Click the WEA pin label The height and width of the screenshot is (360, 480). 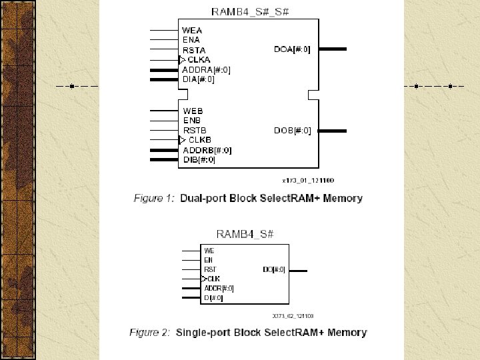point(192,31)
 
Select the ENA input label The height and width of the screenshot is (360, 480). point(191,40)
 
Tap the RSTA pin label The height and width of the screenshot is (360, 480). point(194,50)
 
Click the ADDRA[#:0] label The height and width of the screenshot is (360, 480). point(206,70)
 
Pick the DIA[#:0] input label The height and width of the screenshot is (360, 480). point(198,79)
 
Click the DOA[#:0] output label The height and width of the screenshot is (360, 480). point(292,49)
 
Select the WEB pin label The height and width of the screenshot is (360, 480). point(193,111)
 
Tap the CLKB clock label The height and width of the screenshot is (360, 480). point(200,140)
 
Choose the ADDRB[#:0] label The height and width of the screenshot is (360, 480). point(207,150)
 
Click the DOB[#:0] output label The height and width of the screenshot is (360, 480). point(292,131)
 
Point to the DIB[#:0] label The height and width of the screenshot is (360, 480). point(199,160)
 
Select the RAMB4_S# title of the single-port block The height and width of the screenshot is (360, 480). point(246,234)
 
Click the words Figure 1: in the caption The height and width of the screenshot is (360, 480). point(154,199)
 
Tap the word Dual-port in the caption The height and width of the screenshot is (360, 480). point(203,199)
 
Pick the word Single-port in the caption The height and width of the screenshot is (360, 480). point(206,332)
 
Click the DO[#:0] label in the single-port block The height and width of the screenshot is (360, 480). point(274,270)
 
